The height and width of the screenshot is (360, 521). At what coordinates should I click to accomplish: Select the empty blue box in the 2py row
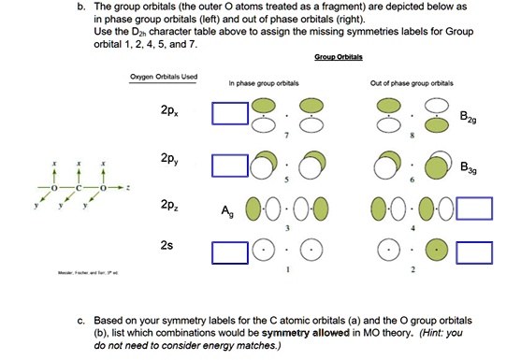(x=229, y=166)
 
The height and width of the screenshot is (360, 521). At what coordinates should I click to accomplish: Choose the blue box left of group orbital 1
(x=229, y=252)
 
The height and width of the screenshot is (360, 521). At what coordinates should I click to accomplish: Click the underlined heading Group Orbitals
(x=339, y=56)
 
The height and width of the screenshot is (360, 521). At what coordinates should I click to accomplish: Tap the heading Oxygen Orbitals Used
(x=164, y=77)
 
